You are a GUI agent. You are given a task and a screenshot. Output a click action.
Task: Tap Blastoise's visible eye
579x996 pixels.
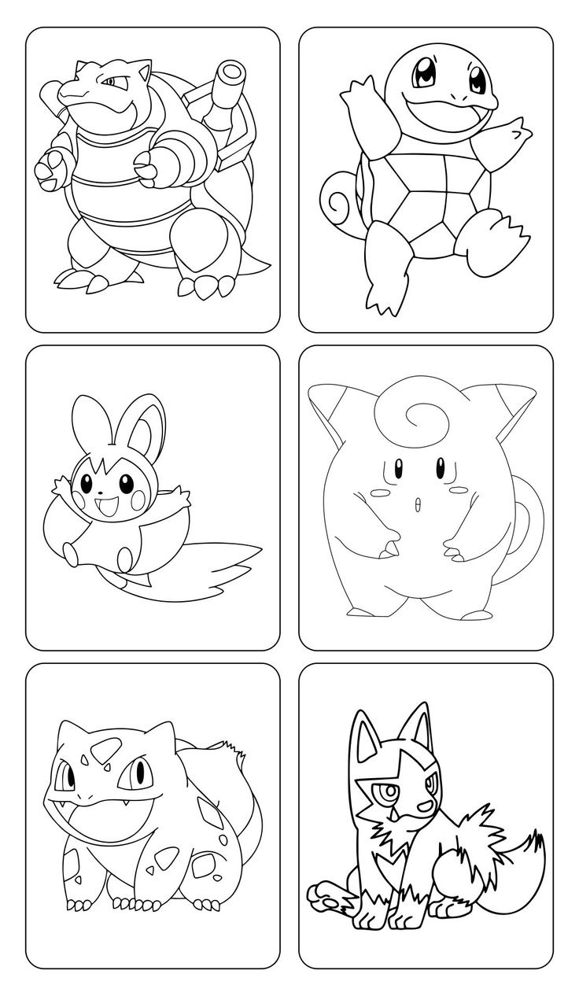click(x=112, y=81)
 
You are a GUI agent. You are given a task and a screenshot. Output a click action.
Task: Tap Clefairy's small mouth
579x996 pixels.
click(x=418, y=504)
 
